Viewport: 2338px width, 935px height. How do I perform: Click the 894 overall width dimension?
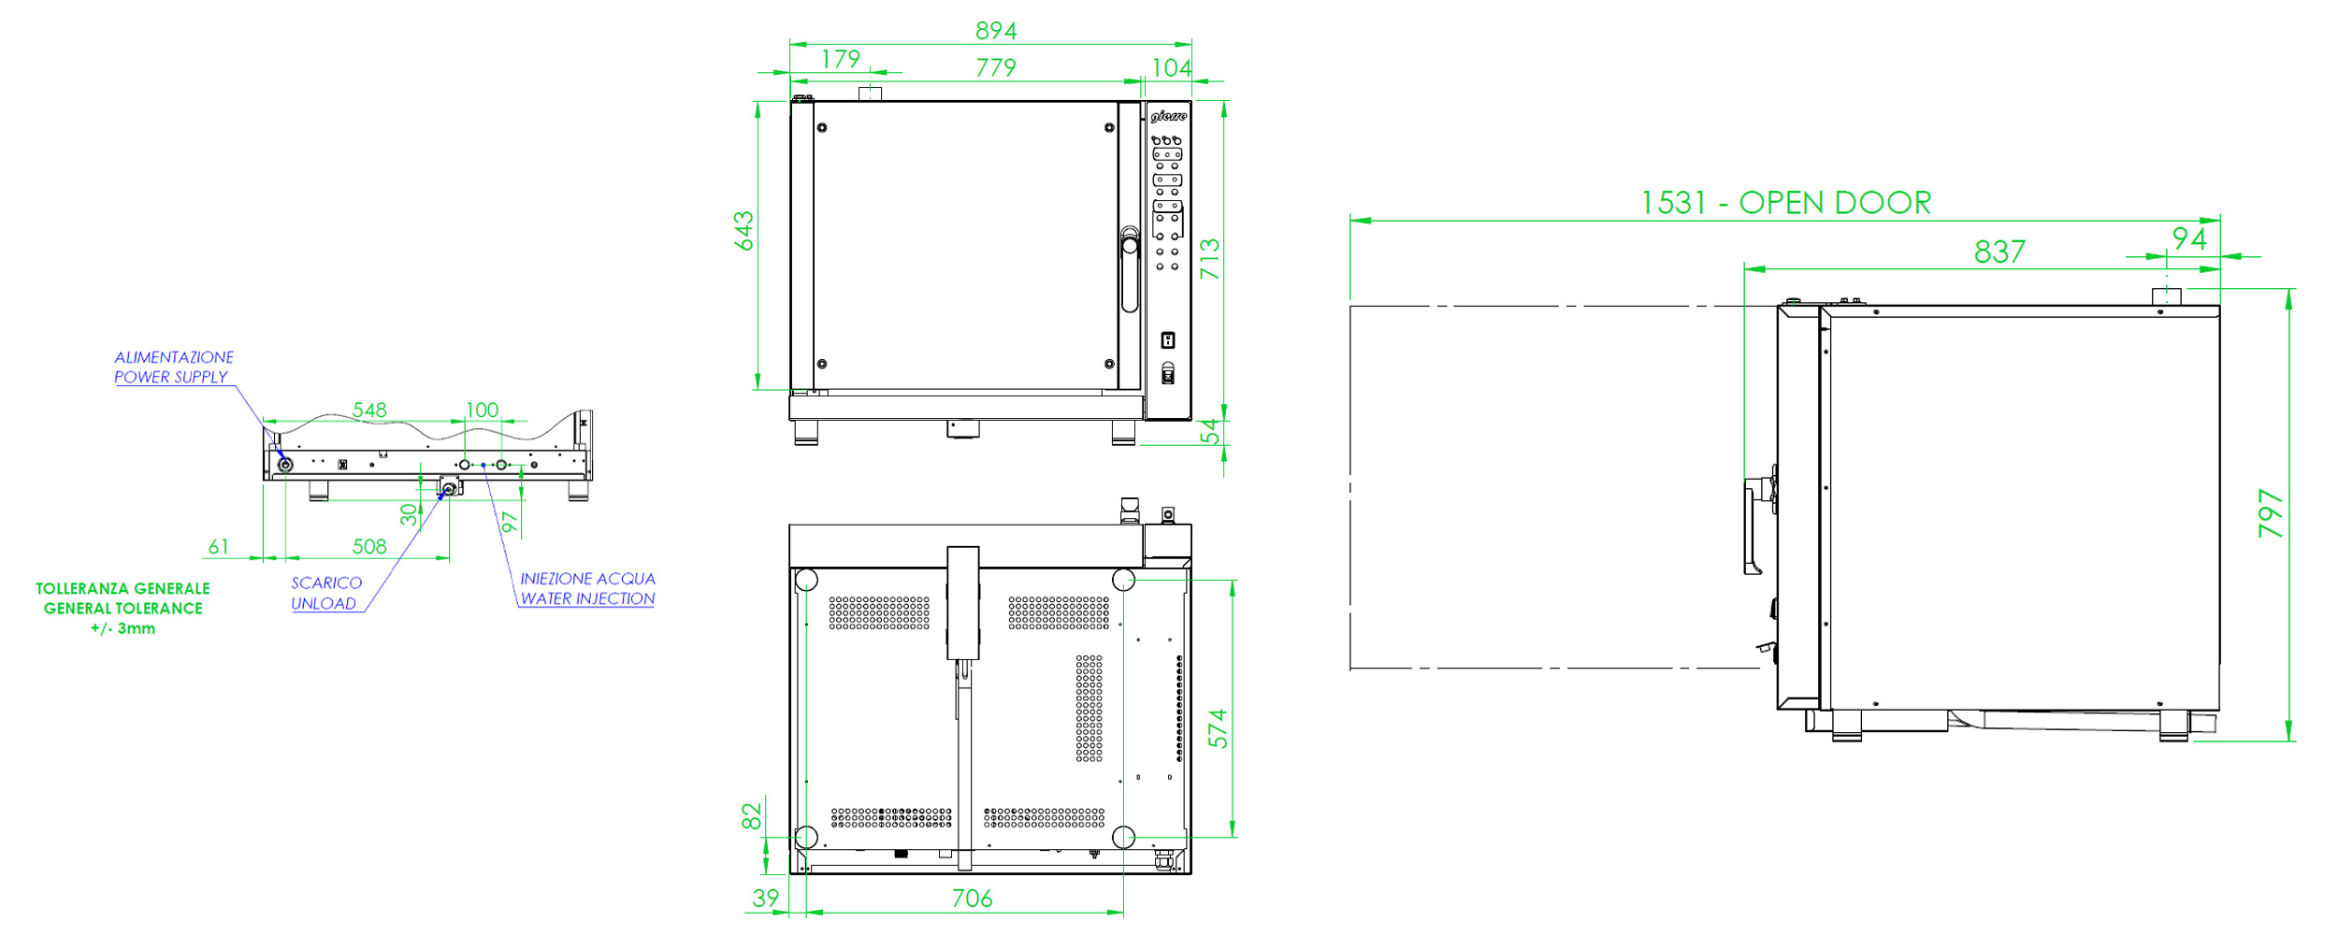pyautogui.click(x=996, y=31)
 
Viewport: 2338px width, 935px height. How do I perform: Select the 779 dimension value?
pyautogui.click(x=996, y=67)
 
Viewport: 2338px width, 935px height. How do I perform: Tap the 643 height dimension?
pyautogui.click(x=743, y=231)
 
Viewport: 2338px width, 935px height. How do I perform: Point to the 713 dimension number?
pyautogui.click(x=1209, y=259)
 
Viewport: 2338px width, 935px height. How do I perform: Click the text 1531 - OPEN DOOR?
pyautogui.click(x=1786, y=203)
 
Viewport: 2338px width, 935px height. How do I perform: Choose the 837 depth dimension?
pyautogui.click(x=1999, y=252)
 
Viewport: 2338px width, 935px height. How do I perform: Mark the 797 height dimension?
pyautogui.click(x=2271, y=513)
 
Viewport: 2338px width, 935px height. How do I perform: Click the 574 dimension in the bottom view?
pyautogui.click(x=1218, y=728)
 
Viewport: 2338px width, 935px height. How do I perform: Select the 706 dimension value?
pyautogui.click(x=973, y=899)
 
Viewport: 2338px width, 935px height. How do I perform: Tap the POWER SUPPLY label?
pyautogui.click(x=171, y=377)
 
